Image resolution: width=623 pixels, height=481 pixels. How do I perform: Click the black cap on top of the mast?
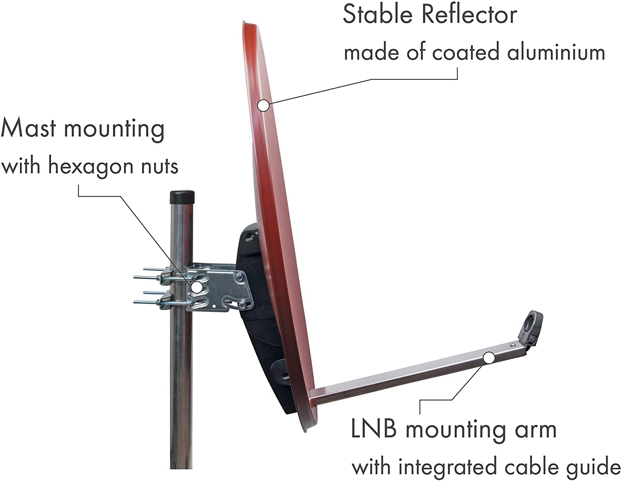[182, 196]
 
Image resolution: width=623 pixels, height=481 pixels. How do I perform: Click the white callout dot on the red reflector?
[263, 105]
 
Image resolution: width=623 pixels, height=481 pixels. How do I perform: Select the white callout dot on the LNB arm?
[489, 358]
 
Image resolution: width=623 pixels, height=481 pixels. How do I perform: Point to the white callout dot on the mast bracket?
[197, 287]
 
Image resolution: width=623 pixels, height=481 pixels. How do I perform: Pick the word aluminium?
[556, 52]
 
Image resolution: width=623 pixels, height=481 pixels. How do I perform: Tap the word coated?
[466, 52]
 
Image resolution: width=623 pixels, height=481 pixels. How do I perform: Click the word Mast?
[28, 128]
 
